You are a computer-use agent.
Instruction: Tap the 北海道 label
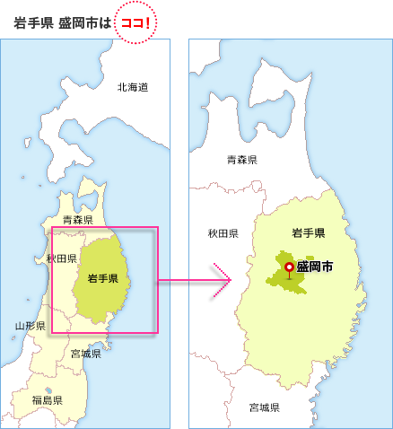pos(132,87)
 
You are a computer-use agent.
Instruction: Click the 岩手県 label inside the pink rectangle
pos(103,280)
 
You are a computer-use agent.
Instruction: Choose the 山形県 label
pos(31,325)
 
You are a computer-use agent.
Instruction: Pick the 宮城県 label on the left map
pos(85,354)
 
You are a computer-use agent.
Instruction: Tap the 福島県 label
pos(46,398)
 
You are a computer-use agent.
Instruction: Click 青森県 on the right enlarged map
pos(242,160)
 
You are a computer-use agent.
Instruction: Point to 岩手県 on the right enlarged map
pos(308,233)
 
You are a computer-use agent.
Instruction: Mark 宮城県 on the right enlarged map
pos(264,407)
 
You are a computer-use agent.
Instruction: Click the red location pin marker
pos(288,267)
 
